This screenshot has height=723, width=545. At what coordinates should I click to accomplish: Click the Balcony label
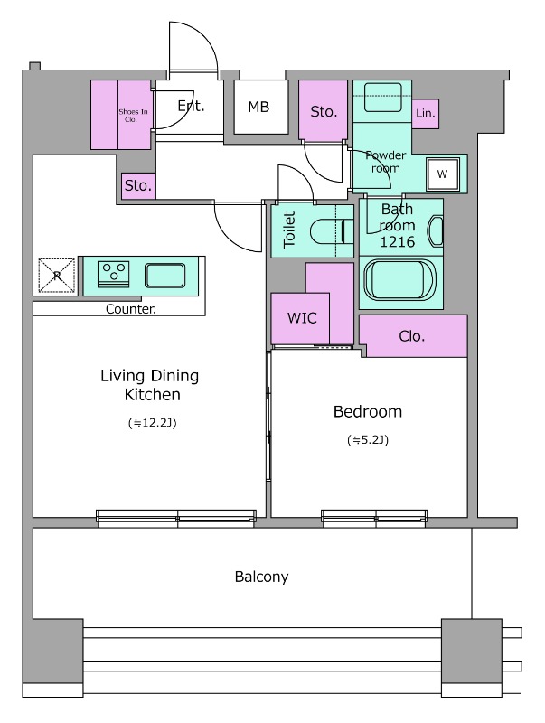[x=261, y=577]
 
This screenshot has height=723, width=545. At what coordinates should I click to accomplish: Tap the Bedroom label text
[x=368, y=411]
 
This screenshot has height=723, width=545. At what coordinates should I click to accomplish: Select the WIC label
[x=302, y=318]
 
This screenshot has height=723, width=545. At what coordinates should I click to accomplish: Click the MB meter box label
[x=258, y=107]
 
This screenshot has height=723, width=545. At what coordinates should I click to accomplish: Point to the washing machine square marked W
[x=443, y=174]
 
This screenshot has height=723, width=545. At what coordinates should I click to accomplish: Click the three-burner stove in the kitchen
[x=113, y=274]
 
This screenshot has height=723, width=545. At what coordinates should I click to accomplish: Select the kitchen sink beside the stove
[x=165, y=276]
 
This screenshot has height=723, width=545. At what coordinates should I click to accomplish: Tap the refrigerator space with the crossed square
[x=57, y=276]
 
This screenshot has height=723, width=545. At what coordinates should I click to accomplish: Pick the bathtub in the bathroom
[x=399, y=281]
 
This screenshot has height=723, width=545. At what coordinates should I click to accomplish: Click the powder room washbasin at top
[x=382, y=97]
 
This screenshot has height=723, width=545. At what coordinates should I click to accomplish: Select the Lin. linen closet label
[x=425, y=113]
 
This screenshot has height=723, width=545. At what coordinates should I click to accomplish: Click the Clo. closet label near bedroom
[x=412, y=336]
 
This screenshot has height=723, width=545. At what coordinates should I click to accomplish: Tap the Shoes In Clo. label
[x=133, y=116]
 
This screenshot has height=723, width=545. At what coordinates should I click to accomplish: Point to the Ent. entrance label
[x=191, y=106]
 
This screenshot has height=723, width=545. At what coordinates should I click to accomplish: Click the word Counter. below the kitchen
[x=131, y=309]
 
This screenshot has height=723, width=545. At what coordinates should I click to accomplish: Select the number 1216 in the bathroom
[x=398, y=241]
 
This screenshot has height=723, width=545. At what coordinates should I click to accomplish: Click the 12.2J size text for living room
[x=153, y=423]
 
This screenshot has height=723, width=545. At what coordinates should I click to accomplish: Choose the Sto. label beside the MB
[x=324, y=111]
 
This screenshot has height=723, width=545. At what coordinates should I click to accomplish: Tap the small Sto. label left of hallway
[x=138, y=185]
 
